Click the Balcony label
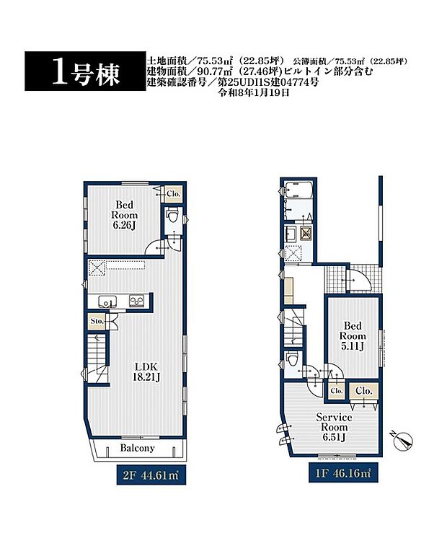137,448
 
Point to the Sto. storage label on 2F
97,321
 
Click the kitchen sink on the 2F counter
103,301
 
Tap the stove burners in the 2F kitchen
136,301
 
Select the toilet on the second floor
172,215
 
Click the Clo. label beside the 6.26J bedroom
173,194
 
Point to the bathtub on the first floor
297,192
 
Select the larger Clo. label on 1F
364,391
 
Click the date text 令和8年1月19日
257,93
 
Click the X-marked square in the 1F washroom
306,233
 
